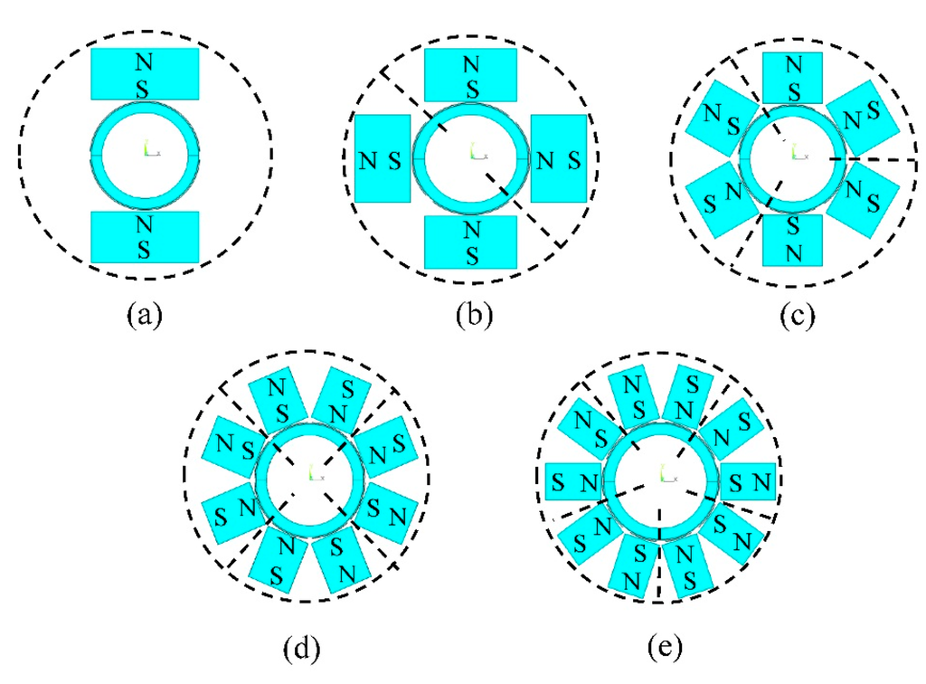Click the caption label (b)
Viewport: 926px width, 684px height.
(471, 318)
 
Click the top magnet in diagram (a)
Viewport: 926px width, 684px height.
(145, 73)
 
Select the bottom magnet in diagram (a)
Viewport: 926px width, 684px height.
(145, 237)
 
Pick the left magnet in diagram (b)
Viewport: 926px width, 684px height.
(380, 158)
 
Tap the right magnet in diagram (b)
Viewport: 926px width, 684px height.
(558, 158)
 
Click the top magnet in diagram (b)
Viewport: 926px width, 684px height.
(471, 74)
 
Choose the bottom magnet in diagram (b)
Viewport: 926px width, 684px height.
(471, 242)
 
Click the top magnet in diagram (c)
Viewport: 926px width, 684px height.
(793, 77)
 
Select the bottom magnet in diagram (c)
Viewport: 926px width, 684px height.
(793, 239)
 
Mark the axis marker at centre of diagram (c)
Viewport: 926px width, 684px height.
(797, 152)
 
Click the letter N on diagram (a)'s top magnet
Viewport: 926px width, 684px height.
(144, 61)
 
